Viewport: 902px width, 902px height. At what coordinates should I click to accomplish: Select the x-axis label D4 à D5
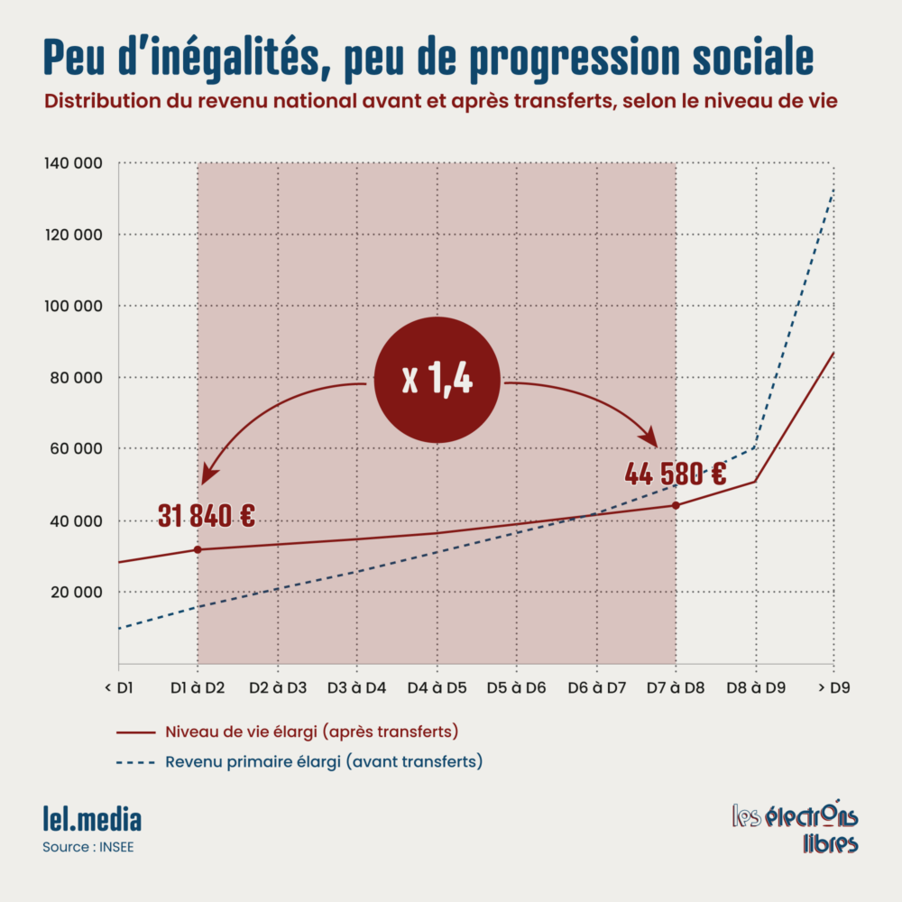pos(437,688)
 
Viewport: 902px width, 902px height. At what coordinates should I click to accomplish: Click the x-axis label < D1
pos(119,688)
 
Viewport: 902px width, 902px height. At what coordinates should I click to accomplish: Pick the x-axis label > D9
pos(833,688)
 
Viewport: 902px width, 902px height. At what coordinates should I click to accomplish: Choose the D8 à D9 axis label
pos(756,688)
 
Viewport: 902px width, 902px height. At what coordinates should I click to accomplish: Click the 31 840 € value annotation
pos(206,516)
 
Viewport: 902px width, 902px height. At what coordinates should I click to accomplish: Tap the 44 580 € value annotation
pos(675,474)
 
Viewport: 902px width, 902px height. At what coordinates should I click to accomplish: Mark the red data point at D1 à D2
pos(198,549)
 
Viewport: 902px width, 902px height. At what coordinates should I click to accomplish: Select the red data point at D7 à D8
pos(676,505)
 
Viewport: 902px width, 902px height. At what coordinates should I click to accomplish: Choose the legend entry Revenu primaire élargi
pos(323,761)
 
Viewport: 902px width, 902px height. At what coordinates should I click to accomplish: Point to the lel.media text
pos(92,820)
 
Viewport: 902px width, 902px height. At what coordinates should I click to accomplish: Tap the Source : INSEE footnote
pos(87,848)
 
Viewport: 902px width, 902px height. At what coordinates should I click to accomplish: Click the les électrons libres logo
pos(795,827)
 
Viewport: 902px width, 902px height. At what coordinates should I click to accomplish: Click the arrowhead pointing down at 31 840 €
pos(208,474)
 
